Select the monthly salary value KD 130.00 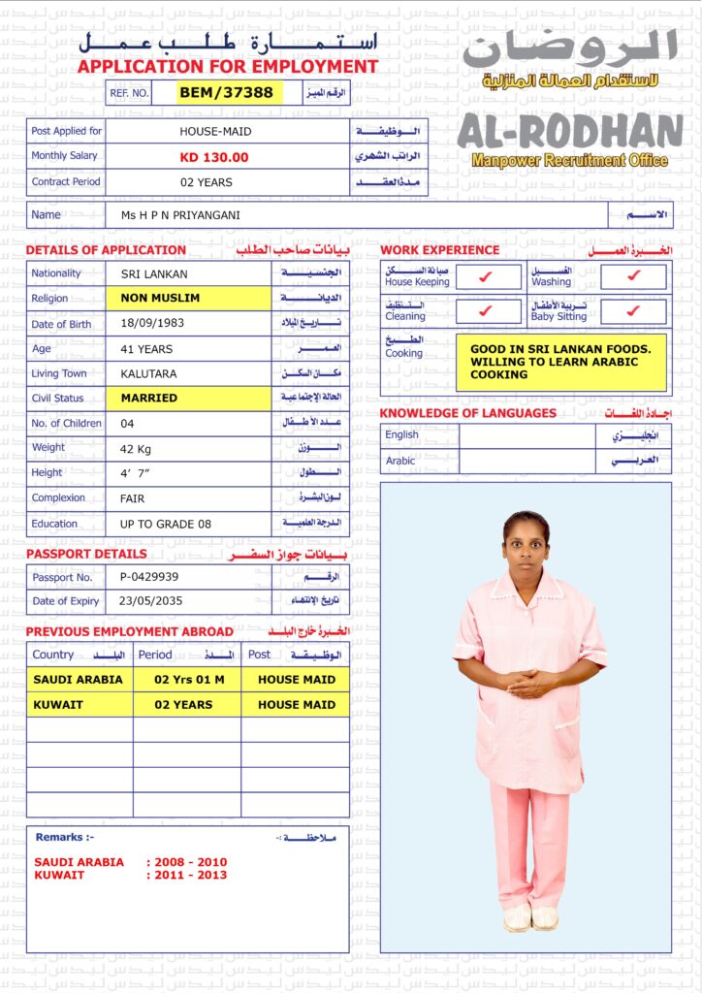pos(214,157)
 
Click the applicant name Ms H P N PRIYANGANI pos(181,215)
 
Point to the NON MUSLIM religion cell pos(160,299)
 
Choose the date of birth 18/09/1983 pos(152,324)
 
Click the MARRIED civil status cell pos(149,398)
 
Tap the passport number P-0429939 pos(149,577)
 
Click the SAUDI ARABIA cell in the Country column pos(79,680)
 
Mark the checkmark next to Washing pos(633,277)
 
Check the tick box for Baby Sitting pos(633,311)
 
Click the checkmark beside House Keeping pos(487,277)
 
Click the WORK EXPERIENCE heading pos(440,250)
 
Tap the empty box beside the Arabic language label pos(526,462)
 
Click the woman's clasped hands pos(530,684)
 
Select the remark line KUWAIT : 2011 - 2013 pos(130,876)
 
